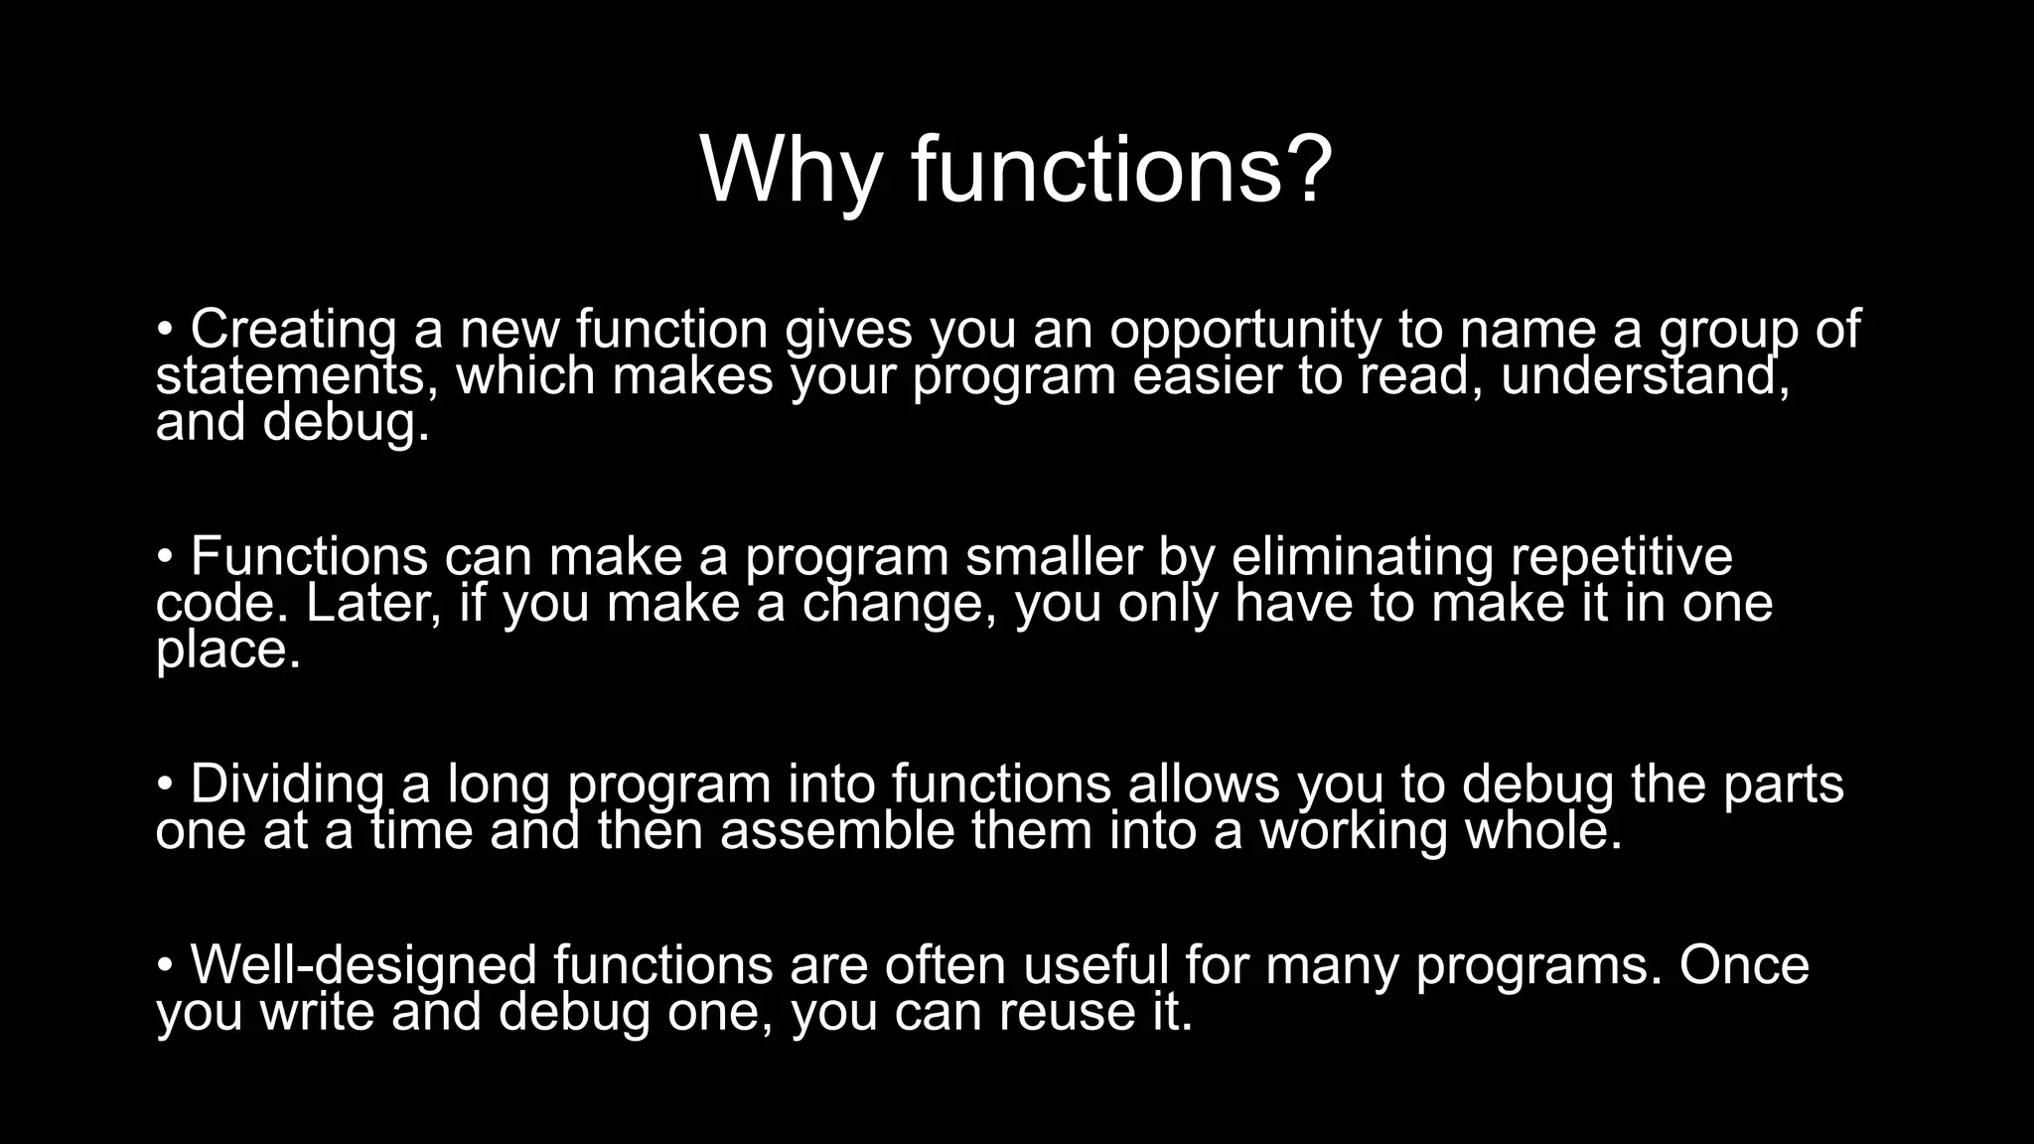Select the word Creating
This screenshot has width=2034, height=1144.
(293, 330)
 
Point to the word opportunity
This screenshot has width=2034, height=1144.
(1244, 332)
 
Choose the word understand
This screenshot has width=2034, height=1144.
(1645, 377)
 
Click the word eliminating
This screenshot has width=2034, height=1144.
(1362, 556)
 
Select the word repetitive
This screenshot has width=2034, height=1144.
(1622, 558)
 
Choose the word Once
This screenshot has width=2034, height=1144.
(1744, 965)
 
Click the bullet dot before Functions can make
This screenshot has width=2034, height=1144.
(165, 557)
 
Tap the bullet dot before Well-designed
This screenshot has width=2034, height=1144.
(165, 965)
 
